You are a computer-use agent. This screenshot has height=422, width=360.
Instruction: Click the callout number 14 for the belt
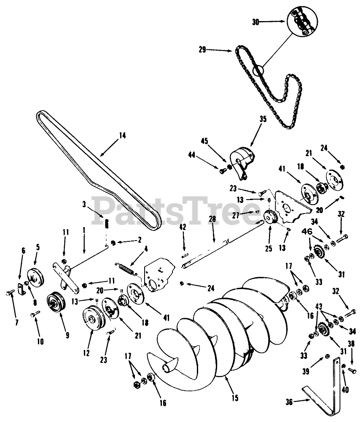pyautogui.click(x=122, y=135)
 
